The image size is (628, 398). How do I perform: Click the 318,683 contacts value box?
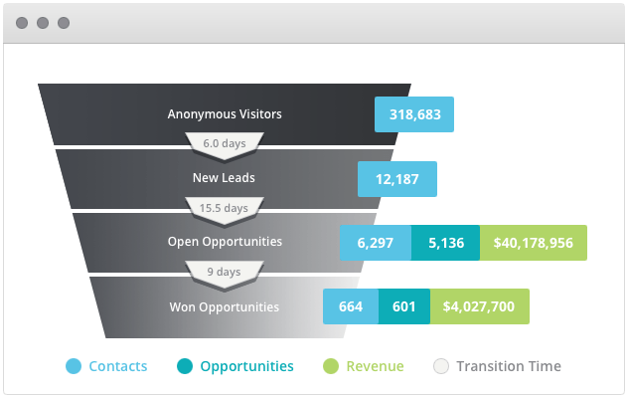414,114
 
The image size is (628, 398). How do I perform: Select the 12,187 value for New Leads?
397,179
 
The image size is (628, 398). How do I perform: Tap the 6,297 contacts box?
376,243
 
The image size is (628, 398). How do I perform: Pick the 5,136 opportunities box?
445,243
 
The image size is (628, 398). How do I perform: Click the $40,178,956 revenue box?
533,243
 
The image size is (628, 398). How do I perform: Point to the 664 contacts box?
351,306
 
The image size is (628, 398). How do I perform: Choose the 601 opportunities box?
404,306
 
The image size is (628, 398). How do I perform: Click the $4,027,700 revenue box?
479,306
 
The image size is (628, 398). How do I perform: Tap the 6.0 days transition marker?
225,144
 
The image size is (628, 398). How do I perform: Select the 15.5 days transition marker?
225,209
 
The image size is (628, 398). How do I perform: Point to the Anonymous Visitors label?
225,114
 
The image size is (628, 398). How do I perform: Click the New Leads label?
225,179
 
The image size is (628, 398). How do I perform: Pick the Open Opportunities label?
225,242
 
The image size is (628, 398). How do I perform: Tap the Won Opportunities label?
225,306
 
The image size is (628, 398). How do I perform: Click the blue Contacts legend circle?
73,366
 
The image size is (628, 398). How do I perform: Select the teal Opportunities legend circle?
185,366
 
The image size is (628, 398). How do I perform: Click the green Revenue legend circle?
331,366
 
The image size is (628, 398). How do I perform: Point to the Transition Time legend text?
509,366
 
